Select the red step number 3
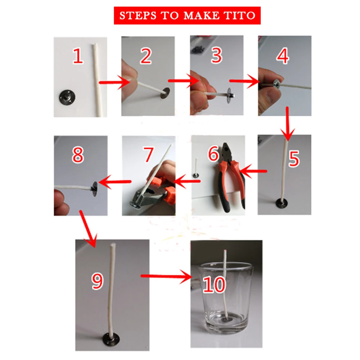[x=216, y=55]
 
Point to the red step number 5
[x=294, y=158]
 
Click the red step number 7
[x=148, y=154]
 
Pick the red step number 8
[x=78, y=155]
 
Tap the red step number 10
[x=214, y=285]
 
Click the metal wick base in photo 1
[x=66, y=97]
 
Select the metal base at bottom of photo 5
[x=282, y=203]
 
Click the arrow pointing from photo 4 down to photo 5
[x=287, y=123]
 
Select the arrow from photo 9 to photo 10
[x=167, y=276]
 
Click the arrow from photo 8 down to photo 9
[x=89, y=229]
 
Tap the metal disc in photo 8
[x=95, y=189]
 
